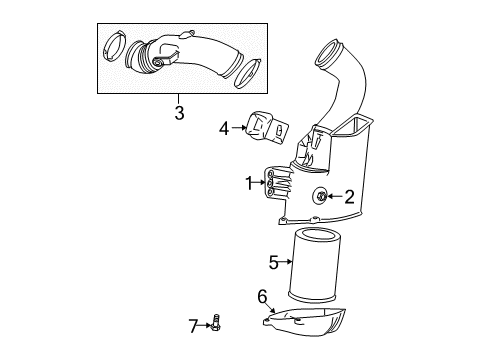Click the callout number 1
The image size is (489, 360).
[x=250, y=182]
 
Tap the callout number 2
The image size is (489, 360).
[x=350, y=197]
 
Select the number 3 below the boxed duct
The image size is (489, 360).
[x=179, y=113]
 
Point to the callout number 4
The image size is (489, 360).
[x=225, y=128]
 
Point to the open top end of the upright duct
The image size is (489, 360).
[x=330, y=48]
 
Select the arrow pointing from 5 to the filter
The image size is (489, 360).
[x=288, y=264]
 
